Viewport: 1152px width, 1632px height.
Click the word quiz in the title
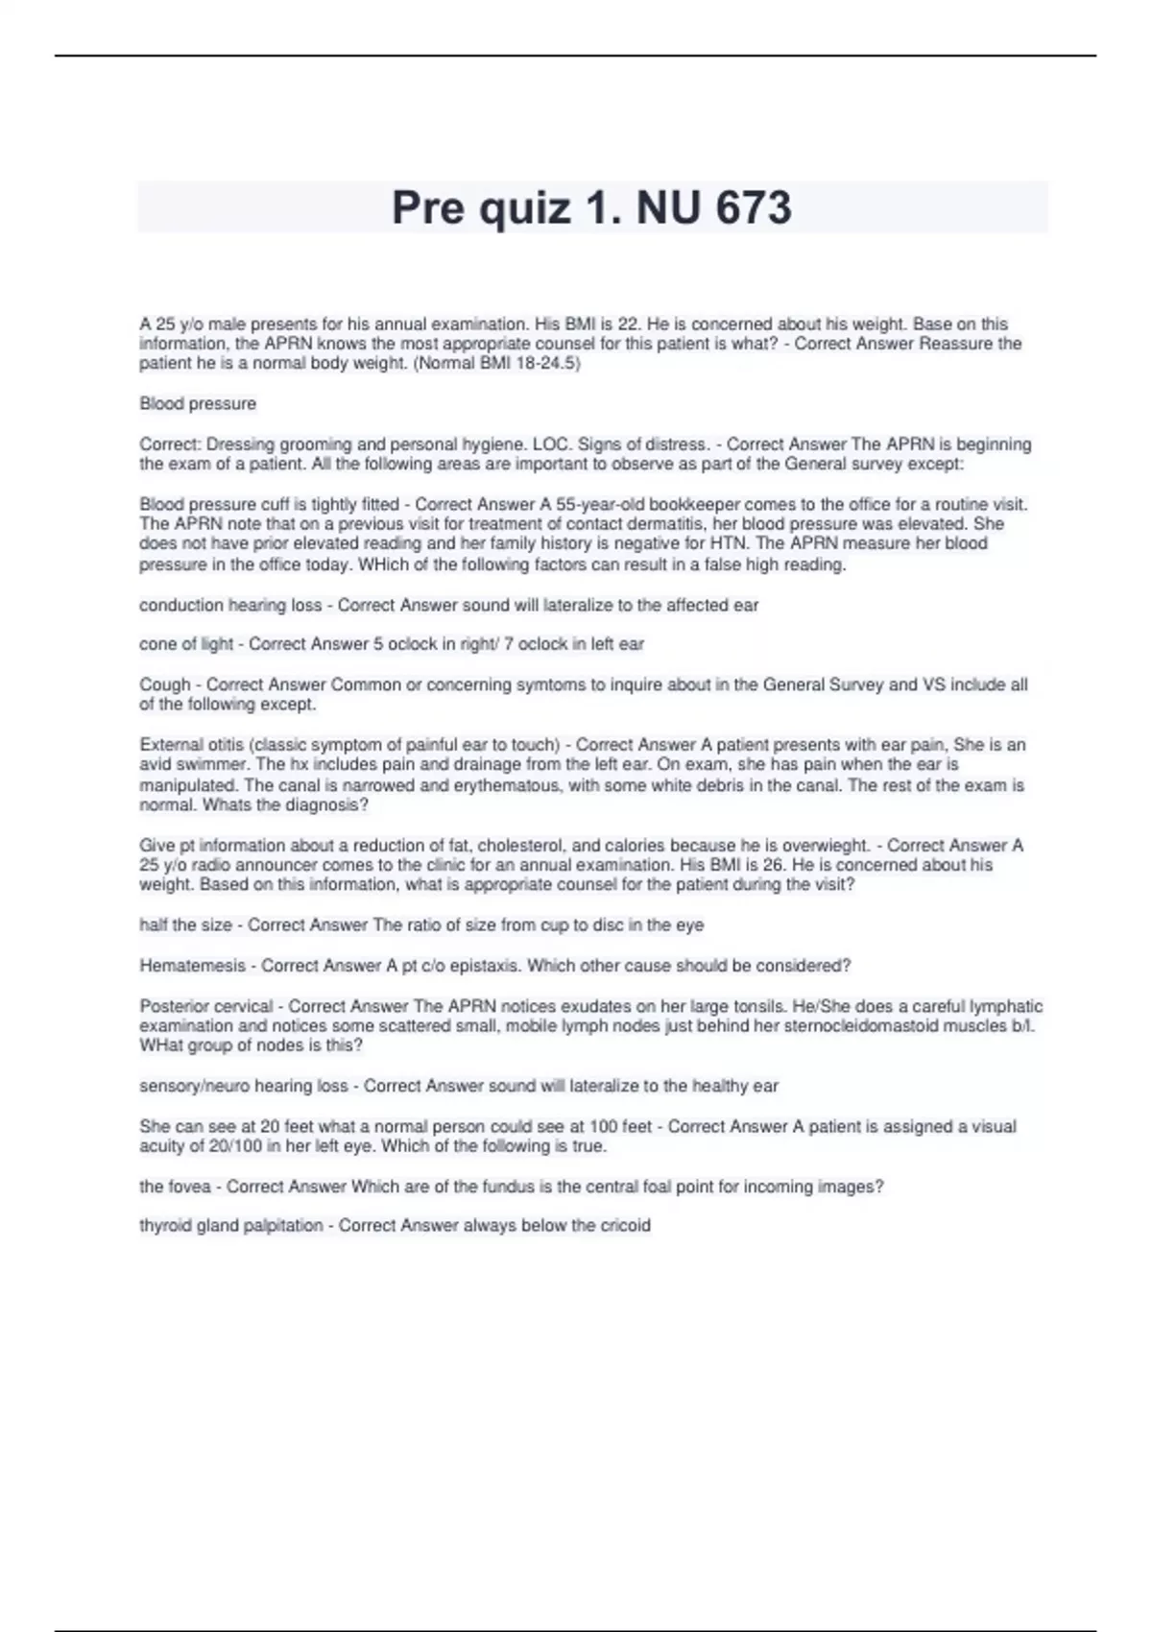(524, 208)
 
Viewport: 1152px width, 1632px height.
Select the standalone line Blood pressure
(198, 403)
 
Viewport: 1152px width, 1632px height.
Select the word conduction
(180, 605)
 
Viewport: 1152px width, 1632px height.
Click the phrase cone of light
(186, 644)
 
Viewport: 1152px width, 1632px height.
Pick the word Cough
(165, 684)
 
